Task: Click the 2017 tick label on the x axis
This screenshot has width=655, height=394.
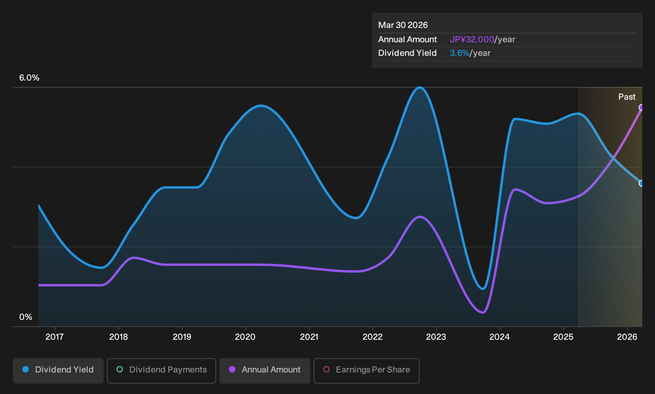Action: point(55,337)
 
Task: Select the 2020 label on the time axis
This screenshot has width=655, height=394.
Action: point(245,337)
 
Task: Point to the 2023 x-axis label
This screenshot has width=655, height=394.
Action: point(436,337)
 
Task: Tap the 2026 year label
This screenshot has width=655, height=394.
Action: point(627,337)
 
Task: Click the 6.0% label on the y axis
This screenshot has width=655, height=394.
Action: point(29,78)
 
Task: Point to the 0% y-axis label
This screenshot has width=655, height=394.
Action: point(26,317)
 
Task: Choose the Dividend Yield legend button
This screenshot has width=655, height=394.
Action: point(58,370)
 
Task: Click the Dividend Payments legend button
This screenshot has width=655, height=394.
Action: point(162,370)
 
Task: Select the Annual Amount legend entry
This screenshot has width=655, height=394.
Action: point(264,370)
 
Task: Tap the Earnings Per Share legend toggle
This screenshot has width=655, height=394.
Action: point(366,370)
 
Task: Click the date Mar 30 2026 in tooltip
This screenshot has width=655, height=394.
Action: point(402,25)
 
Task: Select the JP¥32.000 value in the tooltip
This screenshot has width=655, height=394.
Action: point(472,39)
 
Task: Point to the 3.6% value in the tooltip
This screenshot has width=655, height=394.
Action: point(460,53)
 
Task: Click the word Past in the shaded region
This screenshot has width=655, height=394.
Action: point(627,97)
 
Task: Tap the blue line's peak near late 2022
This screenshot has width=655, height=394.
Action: point(420,87)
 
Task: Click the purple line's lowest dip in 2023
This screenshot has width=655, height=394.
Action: point(483,313)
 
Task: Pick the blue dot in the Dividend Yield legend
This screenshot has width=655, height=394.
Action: point(26,369)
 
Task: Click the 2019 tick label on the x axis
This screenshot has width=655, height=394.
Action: point(182,337)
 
